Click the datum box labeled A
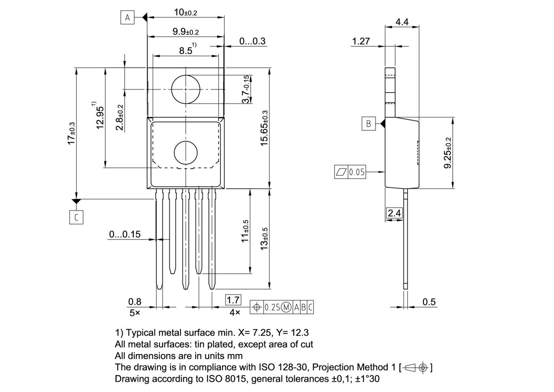click(127, 18)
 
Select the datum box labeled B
click(368, 123)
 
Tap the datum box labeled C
click(76, 217)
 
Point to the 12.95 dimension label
click(100, 117)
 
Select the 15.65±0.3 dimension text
click(264, 128)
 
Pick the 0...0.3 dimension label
click(252, 41)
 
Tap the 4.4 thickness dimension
click(402, 21)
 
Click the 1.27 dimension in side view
click(361, 41)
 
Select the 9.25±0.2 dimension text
click(448, 153)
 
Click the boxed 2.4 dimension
click(394, 213)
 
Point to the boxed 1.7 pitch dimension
click(233, 300)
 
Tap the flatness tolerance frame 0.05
click(351, 172)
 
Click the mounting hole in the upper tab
click(186, 89)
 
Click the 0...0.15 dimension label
click(125, 234)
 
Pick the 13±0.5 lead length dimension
click(264, 238)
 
